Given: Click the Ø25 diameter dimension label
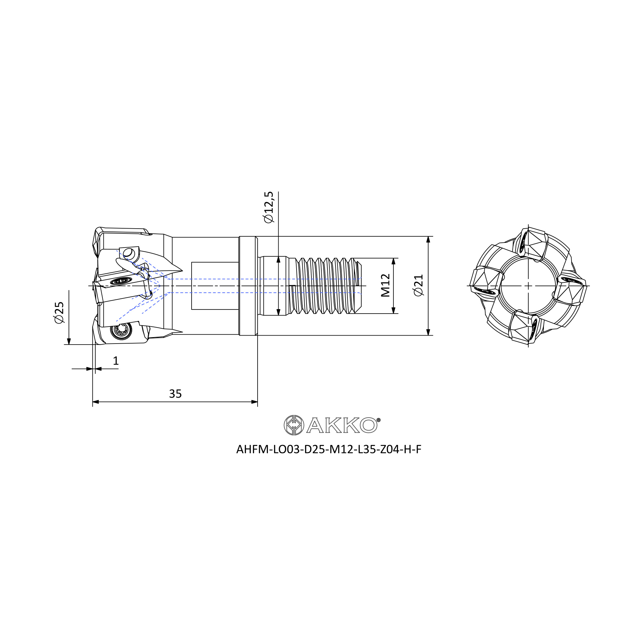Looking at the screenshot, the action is [x=59, y=312].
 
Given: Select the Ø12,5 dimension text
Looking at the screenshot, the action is [x=268, y=207].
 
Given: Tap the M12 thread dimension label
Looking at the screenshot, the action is [x=385, y=285].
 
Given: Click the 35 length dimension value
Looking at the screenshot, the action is [x=175, y=394].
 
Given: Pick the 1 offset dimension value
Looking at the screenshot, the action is [x=116, y=361].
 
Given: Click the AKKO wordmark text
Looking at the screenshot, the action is [x=342, y=425].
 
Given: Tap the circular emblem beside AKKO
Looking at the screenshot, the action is [x=294, y=425].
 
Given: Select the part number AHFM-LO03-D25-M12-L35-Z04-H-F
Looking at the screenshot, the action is [x=329, y=450].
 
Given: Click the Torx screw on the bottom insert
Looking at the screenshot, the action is [x=120, y=331].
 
